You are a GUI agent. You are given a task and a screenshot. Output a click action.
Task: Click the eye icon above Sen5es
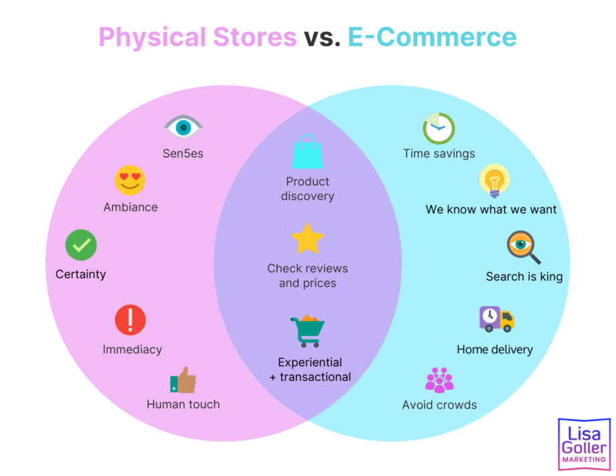pyautogui.click(x=183, y=127)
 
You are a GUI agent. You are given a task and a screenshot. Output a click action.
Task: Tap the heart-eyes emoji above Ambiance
pyautogui.click(x=130, y=180)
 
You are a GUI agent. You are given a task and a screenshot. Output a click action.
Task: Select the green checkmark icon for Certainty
pyautogui.click(x=81, y=245)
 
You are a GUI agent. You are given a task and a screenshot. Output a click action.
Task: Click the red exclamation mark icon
pyautogui.click(x=130, y=320)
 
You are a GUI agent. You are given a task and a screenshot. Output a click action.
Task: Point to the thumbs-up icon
pyautogui.click(x=183, y=380)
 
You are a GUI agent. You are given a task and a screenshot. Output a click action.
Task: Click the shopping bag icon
pyautogui.click(x=307, y=151)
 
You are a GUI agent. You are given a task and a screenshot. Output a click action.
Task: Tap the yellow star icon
pyautogui.click(x=307, y=238)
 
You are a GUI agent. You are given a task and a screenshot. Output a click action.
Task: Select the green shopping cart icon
pyautogui.click(x=307, y=331)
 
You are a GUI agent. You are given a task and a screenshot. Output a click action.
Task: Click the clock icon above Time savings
pyautogui.click(x=439, y=129)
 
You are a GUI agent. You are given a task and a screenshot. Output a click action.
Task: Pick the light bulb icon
pyautogui.click(x=495, y=181)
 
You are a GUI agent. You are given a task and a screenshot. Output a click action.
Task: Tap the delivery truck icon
pyautogui.click(x=497, y=319)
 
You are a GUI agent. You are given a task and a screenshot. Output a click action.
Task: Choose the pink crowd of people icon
pyautogui.click(x=440, y=380)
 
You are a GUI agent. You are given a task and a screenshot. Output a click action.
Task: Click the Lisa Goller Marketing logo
pyautogui.click(x=584, y=444)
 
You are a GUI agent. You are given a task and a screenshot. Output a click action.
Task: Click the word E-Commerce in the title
pyautogui.click(x=432, y=37)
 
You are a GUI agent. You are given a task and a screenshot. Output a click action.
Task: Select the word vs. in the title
pyautogui.click(x=322, y=37)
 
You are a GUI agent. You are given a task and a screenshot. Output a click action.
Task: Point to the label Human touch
pyautogui.click(x=183, y=404)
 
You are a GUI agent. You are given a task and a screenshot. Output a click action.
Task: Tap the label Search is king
pyautogui.click(x=524, y=276)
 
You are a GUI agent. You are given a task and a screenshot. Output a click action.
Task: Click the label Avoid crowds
pyautogui.click(x=439, y=405)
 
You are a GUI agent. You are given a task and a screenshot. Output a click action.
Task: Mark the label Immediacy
pyautogui.click(x=133, y=349)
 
